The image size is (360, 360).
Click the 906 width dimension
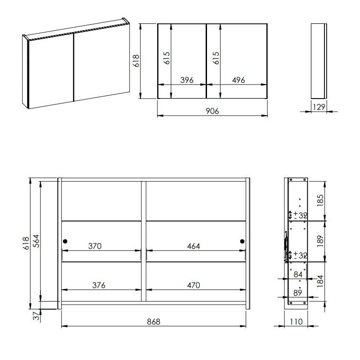pyautogui.click(x=212, y=111)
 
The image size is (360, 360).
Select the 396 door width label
pyautogui.click(x=187, y=80)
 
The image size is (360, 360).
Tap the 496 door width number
pyautogui.click(x=238, y=80)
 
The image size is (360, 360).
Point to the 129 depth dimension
pyautogui.click(x=319, y=107)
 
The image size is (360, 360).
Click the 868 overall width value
pyautogui.click(x=153, y=322)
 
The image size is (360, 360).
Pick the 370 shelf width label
pyautogui.click(x=95, y=246)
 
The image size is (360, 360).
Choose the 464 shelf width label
pyautogui.click(x=193, y=246)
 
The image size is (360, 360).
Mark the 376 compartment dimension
pyautogui.click(x=99, y=285)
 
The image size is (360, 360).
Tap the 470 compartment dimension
pyautogui.click(x=193, y=285)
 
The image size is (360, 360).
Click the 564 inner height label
pyautogui.click(x=36, y=241)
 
